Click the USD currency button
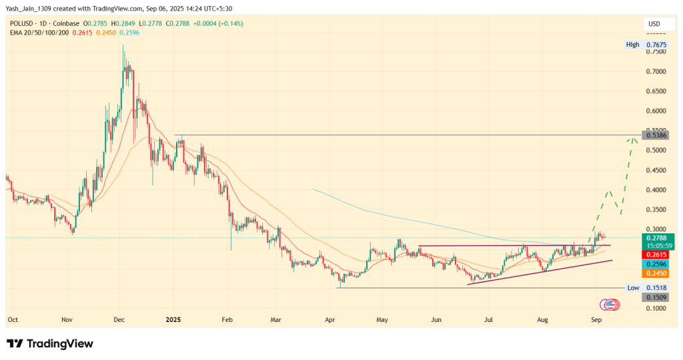(x=654, y=25)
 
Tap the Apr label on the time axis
(x=328, y=319)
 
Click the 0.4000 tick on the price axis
(x=658, y=190)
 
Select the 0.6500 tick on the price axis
(x=658, y=91)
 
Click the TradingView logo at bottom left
(x=50, y=343)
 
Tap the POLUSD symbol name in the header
(x=21, y=23)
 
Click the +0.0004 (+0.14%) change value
(x=219, y=23)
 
